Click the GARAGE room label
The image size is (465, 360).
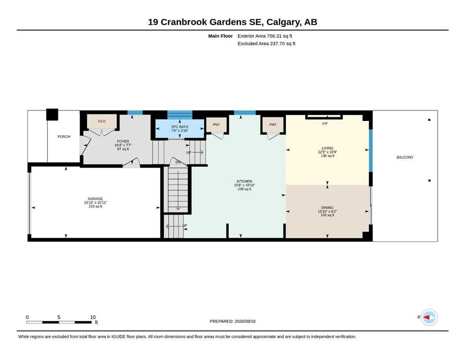click(95, 199)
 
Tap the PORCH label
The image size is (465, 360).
click(64, 136)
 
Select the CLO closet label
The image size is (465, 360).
click(102, 121)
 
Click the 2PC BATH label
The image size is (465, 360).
click(180, 127)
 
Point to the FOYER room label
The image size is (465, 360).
click(123, 141)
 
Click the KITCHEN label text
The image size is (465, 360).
click(244, 181)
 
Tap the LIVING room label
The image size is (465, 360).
click(327, 148)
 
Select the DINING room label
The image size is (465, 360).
click(327, 208)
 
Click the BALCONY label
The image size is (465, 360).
click(405, 157)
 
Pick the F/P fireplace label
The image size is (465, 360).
click(325, 123)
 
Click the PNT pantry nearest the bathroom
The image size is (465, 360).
click(216, 125)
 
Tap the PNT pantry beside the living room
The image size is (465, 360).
click(273, 125)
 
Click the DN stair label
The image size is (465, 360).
click(178, 162)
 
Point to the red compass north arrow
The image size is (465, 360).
click(426, 317)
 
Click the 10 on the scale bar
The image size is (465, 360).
click(93, 317)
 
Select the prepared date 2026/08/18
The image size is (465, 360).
click(245, 321)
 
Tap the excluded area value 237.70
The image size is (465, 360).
click(277, 43)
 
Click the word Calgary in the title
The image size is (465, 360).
click(284, 22)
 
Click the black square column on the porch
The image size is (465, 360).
click(52, 114)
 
